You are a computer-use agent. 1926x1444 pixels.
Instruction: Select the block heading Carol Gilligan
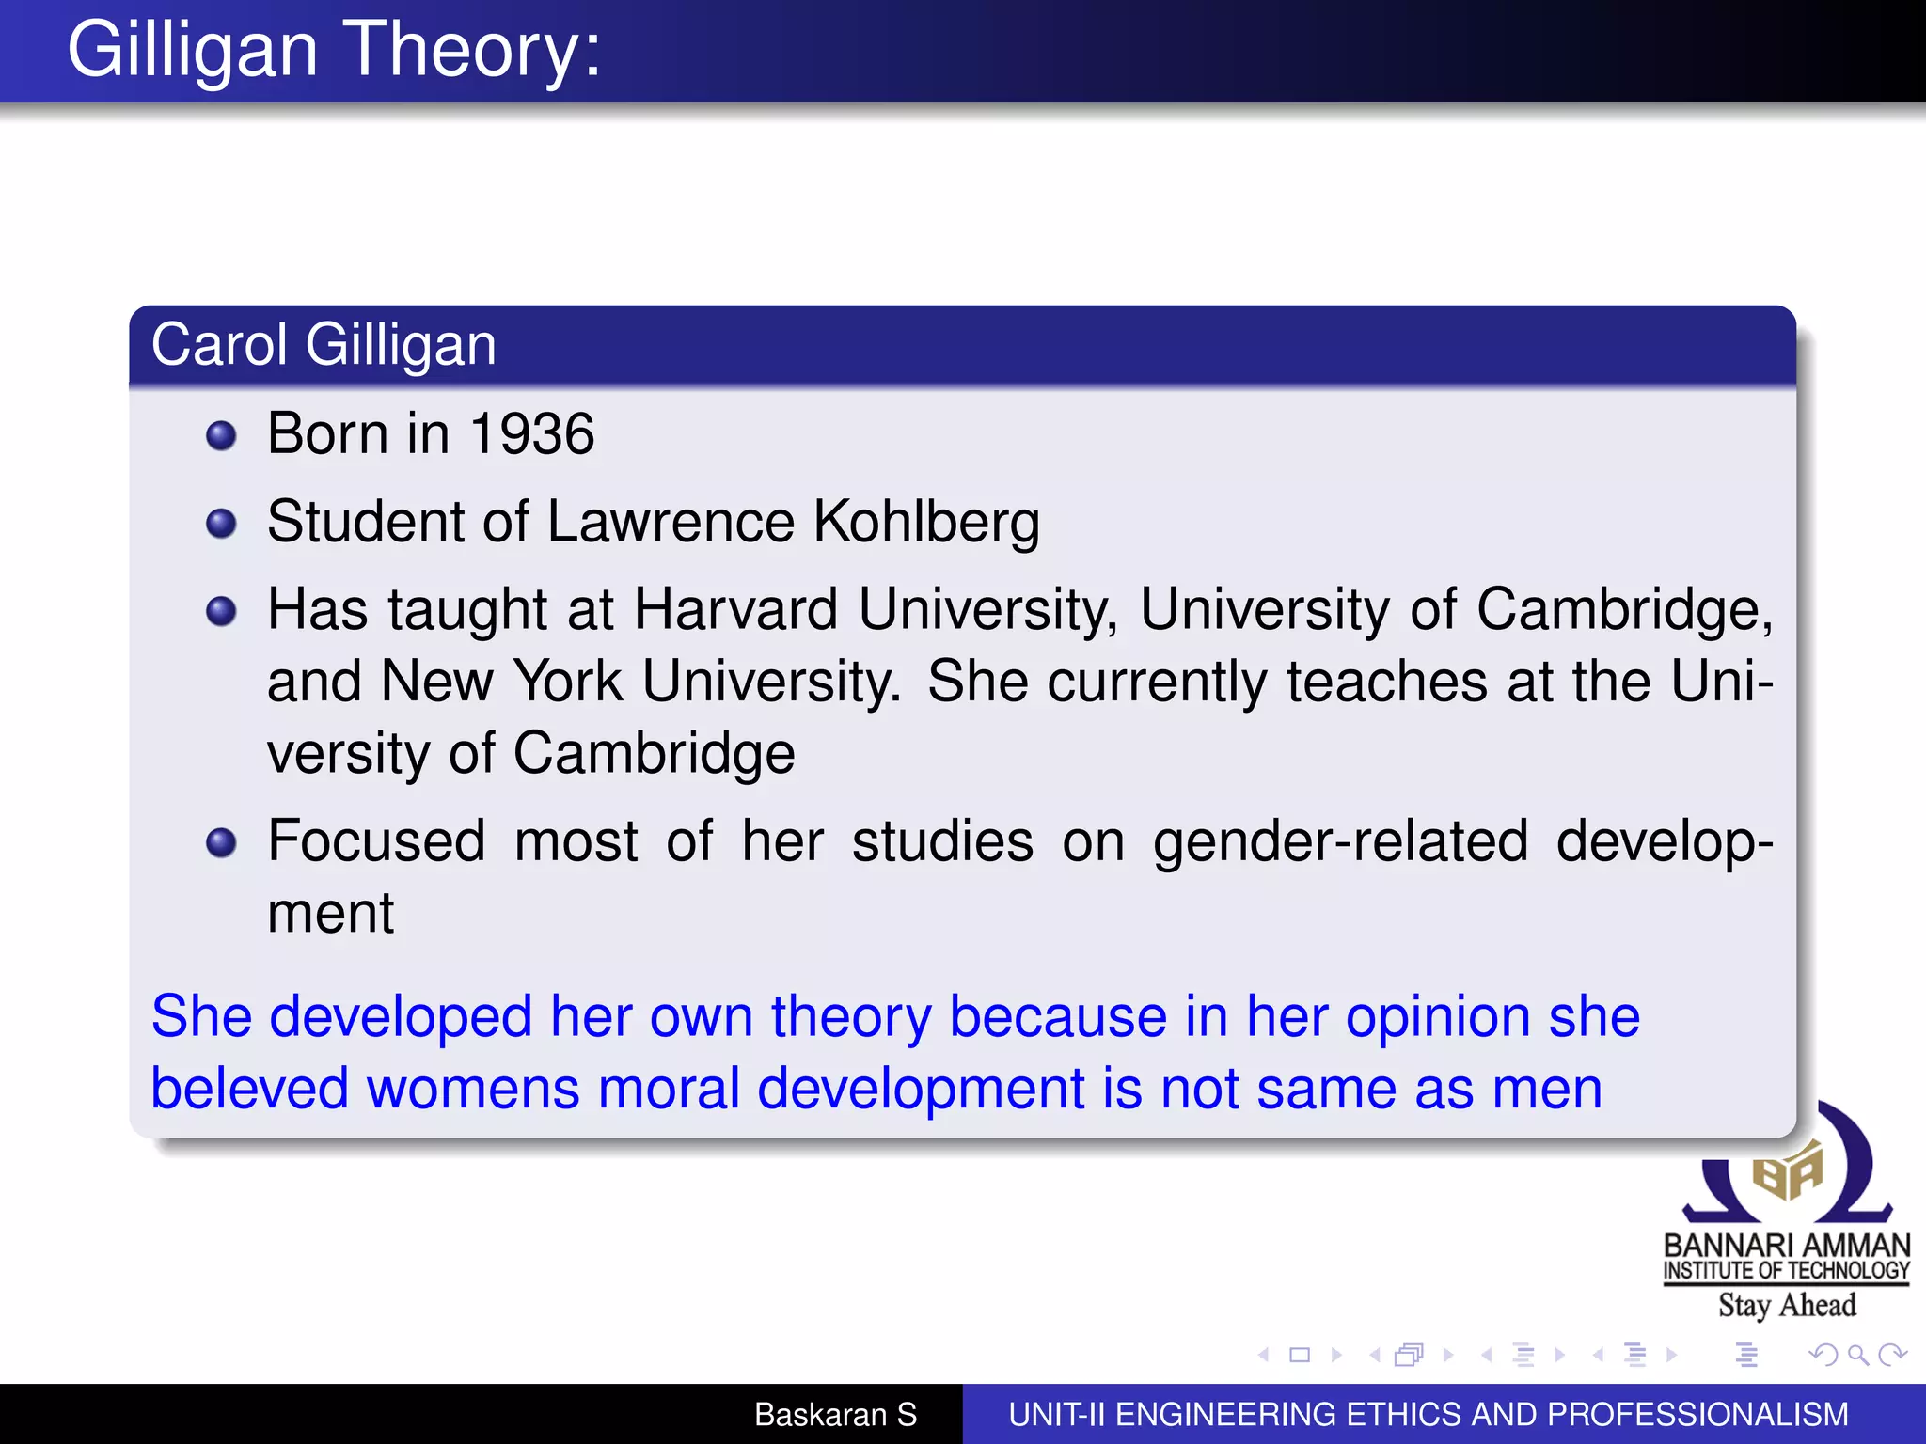coord(324,344)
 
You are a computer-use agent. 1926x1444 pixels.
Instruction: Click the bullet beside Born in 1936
coord(221,435)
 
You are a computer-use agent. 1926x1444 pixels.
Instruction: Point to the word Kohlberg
coord(926,522)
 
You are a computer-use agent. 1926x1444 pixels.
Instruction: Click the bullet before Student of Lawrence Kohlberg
coord(221,524)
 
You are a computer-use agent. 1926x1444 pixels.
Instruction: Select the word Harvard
coord(735,609)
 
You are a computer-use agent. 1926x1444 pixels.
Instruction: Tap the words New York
coord(501,681)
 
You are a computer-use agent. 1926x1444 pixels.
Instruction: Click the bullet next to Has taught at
coord(221,611)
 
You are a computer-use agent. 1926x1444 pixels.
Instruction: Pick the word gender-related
coord(1340,841)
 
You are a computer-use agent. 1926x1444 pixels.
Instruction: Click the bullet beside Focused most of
coord(221,842)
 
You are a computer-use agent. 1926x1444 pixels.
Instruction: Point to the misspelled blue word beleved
coord(249,1089)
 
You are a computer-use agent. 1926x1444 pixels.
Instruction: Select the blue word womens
coord(473,1089)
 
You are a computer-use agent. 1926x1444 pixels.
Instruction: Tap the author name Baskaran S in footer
coord(835,1414)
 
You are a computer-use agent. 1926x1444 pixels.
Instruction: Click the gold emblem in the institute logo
coord(1787,1171)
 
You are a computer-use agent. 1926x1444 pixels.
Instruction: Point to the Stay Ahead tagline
coord(1787,1305)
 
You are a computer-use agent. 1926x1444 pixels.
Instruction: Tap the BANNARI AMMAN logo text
coord(1787,1245)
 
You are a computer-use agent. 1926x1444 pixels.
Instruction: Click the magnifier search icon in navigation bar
coord(1857,1355)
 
